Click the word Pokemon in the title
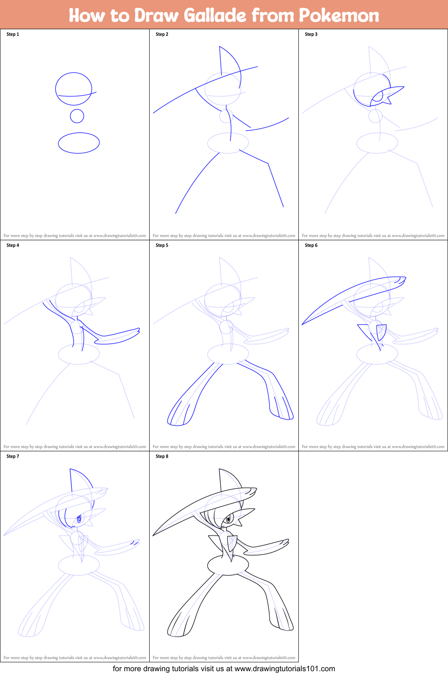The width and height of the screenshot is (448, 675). point(339,15)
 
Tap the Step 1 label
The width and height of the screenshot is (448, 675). point(13,34)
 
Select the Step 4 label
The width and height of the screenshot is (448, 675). point(13,245)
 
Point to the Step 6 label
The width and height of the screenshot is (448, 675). point(311,245)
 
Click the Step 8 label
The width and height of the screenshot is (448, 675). point(162,456)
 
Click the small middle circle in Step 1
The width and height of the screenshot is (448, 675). point(77,116)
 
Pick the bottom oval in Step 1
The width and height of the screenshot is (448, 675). point(79,143)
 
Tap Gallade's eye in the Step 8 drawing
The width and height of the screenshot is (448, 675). point(229,519)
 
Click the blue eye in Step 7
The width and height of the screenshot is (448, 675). point(79,519)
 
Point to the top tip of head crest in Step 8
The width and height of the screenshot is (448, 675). point(219,469)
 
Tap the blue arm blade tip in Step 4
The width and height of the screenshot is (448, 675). point(139,329)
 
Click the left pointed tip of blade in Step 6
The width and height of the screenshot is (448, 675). point(303,324)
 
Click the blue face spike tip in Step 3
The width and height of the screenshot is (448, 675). point(404,87)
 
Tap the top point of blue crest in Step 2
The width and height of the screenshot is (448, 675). point(219,47)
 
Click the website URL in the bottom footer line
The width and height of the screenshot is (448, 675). point(284,669)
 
